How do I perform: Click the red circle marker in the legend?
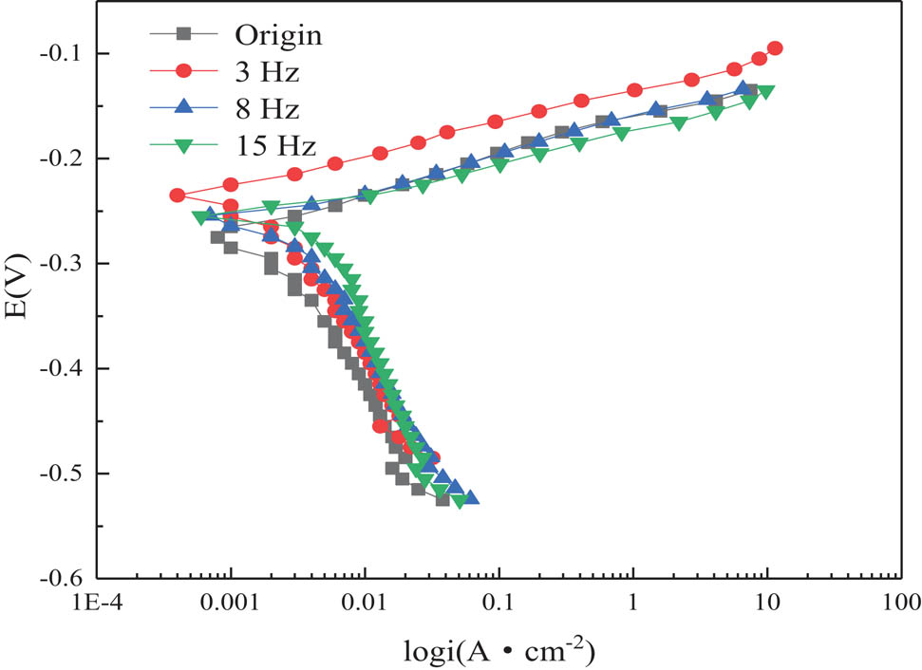click(187, 71)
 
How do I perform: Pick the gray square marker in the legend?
click(187, 35)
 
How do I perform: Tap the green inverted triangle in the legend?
click(187, 145)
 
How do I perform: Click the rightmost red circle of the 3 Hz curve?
click(775, 48)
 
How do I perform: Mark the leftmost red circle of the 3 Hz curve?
click(177, 195)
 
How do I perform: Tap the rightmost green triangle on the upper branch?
click(765, 92)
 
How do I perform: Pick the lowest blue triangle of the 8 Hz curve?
click(470, 497)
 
